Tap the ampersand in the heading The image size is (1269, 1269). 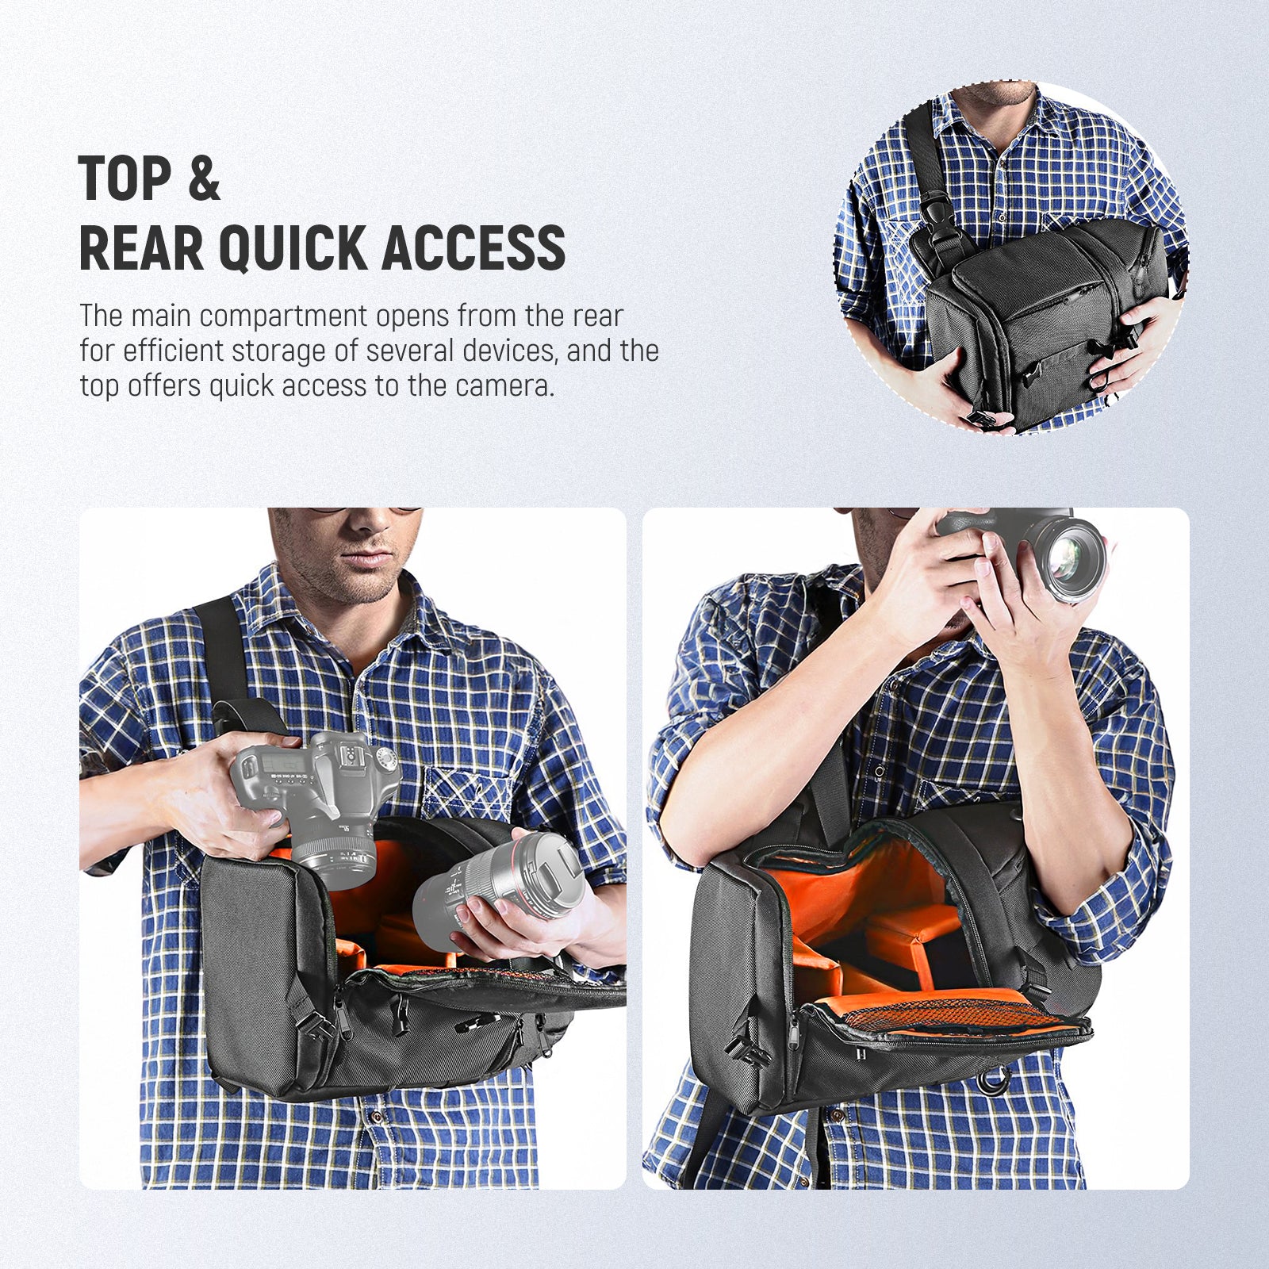(204, 178)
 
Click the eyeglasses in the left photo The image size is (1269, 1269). (365, 511)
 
